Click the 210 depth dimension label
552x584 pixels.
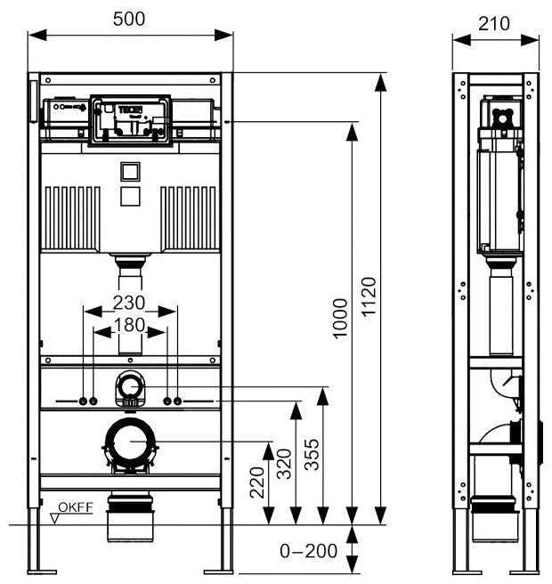click(494, 22)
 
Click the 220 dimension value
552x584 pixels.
click(256, 483)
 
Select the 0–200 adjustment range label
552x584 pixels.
click(308, 551)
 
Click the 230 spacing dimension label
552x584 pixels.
click(130, 302)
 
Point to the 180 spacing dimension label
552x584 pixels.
click(131, 326)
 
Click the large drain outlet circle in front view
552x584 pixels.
click(130, 442)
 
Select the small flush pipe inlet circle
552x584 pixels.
click(130, 387)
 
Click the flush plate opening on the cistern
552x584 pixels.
click(130, 118)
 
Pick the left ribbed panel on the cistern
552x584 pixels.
click(72, 217)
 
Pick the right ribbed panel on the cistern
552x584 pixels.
click(189, 217)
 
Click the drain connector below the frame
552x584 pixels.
click(130, 516)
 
